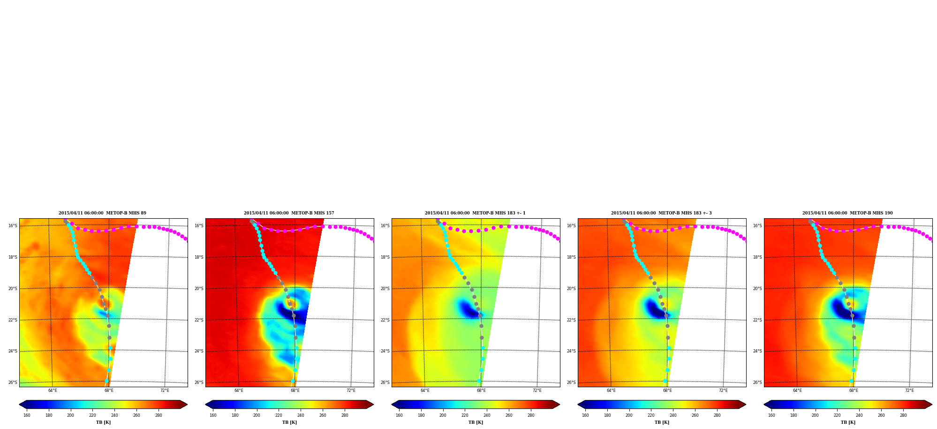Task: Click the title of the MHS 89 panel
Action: [x=102, y=213]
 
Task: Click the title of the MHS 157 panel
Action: [x=289, y=213]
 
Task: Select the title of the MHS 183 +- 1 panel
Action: [x=475, y=213]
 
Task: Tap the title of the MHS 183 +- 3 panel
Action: [x=661, y=213]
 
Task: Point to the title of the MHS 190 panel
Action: [x=847, y=213]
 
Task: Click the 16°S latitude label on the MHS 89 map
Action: [x=13, y=226]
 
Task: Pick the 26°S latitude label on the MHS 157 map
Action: [x=199, y=383]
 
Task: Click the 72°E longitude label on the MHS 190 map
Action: [x=909, y=391]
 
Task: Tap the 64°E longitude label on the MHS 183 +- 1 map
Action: [x=425, y=391]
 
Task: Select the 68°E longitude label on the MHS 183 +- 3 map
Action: [x=667, y=391]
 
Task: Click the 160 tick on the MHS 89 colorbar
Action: [x=27, y=415]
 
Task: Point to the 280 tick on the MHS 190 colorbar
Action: [x=903, y=415]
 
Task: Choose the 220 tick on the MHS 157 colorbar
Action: [x=279, y=415]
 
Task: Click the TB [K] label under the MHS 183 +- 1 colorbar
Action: [x=476, y=422]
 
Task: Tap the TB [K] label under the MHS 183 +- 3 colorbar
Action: [x=662, y=422]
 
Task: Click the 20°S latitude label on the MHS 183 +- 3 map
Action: [x=571, y=289]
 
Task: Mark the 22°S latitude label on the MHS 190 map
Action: [x=757, y=320]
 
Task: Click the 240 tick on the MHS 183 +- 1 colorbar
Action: [x=487, y=415]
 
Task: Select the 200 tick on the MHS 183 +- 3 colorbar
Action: [x=629, y=415]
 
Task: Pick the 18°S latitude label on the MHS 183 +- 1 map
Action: [x=385, y=257]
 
